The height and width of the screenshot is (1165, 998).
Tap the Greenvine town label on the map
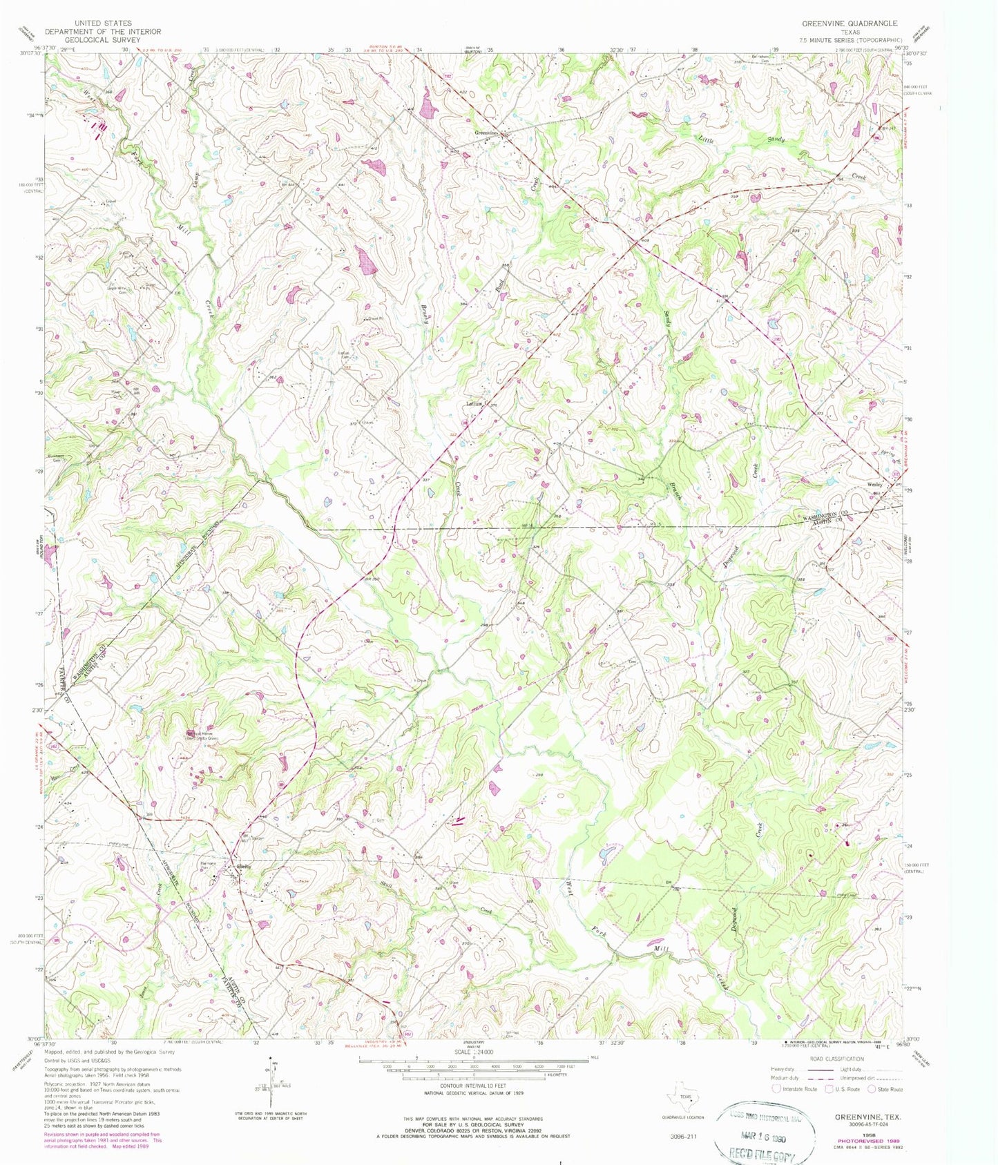[486, 133]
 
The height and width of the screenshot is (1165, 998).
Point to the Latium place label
[474, 404]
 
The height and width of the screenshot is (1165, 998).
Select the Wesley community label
[874, 484]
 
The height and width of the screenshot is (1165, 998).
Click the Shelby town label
[243, 867]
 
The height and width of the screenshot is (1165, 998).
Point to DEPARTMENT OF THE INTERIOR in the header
[103, 32]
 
